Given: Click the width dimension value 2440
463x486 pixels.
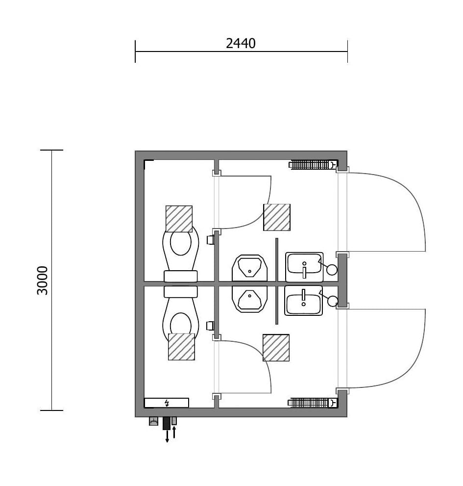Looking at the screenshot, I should pos(241,44).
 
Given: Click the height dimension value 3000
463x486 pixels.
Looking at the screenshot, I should pos(43,280).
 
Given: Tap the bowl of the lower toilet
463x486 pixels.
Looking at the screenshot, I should pos(181,324).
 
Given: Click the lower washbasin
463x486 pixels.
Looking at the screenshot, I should pos(304,301).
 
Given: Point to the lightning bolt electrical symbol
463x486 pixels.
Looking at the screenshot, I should pos(167,403).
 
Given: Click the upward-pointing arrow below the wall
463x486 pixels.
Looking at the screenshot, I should pos(174,432).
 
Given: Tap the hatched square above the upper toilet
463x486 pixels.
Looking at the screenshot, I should pos(179,219).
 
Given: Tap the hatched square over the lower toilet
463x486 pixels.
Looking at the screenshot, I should pos(181,347).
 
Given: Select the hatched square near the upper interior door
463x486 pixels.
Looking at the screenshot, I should pos(277,217).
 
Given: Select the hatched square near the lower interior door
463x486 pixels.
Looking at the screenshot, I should pos(276,348).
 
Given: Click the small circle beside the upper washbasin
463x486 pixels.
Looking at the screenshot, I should pos(332,269).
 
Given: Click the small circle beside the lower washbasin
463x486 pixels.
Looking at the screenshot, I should pos(333,301).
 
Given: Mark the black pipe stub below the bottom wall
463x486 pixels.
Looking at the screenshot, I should pos(167,423).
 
